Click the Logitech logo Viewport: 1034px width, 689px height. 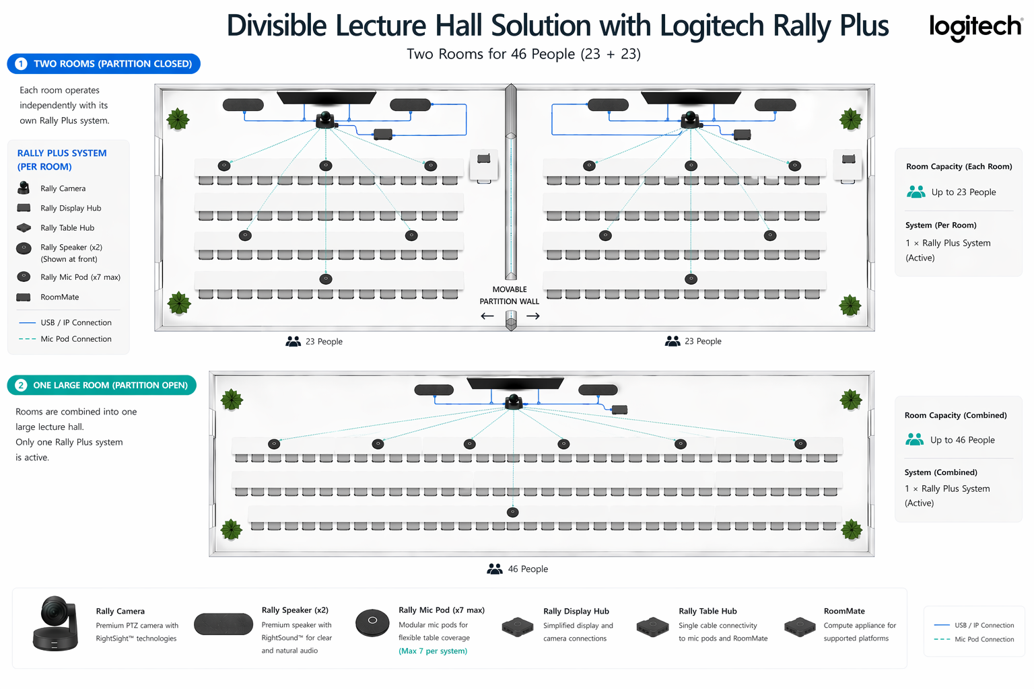[975, 27]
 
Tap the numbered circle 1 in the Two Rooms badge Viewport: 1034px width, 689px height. [21, 64]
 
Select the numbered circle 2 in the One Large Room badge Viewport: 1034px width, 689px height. [21, 386]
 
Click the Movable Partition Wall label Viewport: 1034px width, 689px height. [510, 295]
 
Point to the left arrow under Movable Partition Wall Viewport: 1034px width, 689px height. [487, 316]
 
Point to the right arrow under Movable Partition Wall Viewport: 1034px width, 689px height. [533, 316]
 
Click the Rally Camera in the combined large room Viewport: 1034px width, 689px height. [514, 402]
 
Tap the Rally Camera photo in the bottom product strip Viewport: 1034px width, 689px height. [56, 624]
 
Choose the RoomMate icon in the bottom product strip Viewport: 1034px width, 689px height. [800, 627]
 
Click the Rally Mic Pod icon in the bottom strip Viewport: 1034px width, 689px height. [372, 622]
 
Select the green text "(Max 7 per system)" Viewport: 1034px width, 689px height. [433, 651]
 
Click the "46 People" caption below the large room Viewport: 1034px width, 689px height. [527, 569]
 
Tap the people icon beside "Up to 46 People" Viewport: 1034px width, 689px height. [915, 439]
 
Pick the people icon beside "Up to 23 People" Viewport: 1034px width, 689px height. [916, 192]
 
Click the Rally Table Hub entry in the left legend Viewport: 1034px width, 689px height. [67, 228]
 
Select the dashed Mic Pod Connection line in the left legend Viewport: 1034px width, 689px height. [28, 339]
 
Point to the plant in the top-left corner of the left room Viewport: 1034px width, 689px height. [178, 119]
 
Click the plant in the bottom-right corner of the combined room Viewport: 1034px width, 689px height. [852, 529]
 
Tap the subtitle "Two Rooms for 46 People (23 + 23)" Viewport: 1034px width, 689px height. [523, 54]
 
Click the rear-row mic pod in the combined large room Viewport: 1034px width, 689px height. [513, 512]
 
